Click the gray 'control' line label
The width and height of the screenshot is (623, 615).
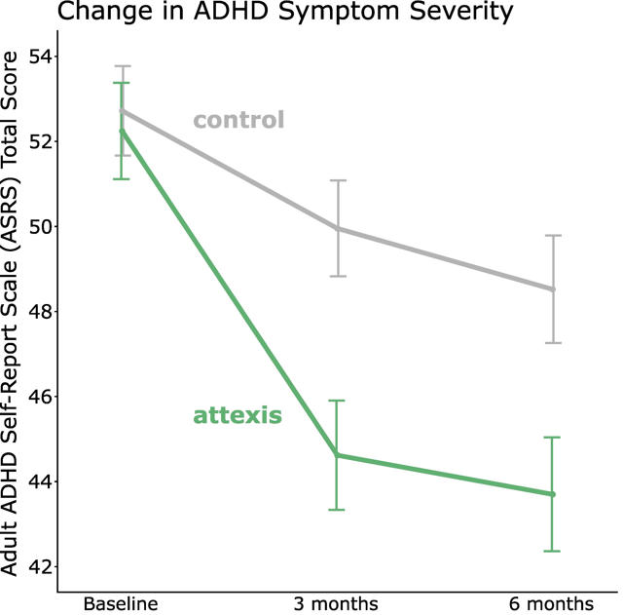click(x=238, y=121)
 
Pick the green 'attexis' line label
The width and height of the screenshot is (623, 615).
click(x=238, y=417)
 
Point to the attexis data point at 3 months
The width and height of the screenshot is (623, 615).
click(x=337, y=455)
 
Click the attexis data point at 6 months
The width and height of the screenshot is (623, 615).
click(x=553, y=494)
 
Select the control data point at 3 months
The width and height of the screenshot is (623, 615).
click(x=337, y=228)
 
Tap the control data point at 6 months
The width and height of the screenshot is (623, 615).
click(x=553, y=289)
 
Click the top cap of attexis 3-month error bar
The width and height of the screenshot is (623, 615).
click(x=337, y=401)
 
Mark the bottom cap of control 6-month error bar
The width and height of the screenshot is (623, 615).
click(x=553, y=343)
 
